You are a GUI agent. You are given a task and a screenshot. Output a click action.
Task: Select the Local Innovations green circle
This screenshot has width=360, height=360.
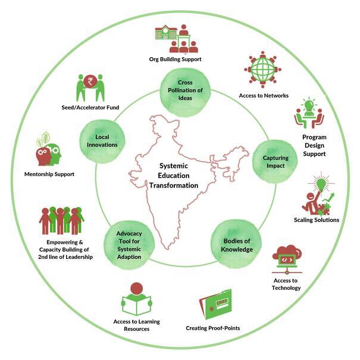pos(102,140)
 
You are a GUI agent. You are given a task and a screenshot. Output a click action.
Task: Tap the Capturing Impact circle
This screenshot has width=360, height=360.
pos(275,161)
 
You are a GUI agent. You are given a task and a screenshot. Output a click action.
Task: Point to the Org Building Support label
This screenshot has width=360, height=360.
pos(175,59)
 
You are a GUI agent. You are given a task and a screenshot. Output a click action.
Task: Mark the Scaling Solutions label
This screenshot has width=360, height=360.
pos(316,220)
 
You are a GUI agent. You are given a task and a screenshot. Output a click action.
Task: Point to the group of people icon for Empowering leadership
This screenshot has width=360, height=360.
pos(61,220)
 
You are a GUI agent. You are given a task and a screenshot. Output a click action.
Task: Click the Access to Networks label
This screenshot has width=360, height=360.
pos(263,96)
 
